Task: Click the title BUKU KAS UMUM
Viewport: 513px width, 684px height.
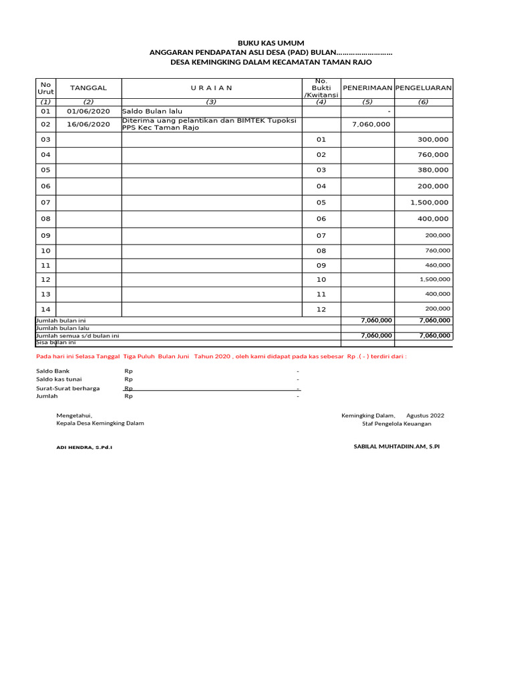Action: pyautogui.click(x=271, y=43)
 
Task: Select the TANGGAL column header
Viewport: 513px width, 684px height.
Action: pyautogui.click(x=88, y=88)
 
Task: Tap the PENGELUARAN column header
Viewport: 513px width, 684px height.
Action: pyautogui.click(x=423, y=88)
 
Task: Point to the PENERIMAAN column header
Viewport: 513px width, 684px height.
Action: pyautogui.click(x=367, y=88)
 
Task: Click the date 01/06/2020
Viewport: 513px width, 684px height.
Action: pyautogui.click(x=88, y=111)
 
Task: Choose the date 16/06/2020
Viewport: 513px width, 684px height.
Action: pyautogui.click(x=88, y=124)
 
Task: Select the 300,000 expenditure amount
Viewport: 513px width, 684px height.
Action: pyautogui.click(x=434, y=140)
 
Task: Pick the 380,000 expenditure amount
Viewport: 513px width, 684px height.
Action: pyautogui.click(x=434, y=170)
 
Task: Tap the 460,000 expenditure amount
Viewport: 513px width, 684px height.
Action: pyautogui.click(x=438, y=265)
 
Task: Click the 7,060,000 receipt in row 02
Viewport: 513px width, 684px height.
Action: pyautogui.click(x=371, y=124)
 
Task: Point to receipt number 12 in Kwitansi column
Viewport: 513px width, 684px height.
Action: pyautogui.click(x=321, y=309)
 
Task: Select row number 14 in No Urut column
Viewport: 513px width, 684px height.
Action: pyautogui.click(x=45, y=309)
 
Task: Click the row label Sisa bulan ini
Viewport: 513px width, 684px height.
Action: pyautogui.click(x=55, y=343)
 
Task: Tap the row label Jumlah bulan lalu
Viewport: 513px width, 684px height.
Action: pyautogui.click(x=62, y=328)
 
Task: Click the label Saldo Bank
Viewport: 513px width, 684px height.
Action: pyautogui.click(x=52, y=371)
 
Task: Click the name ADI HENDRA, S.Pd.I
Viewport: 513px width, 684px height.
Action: pyautogui.click(x=84, y=447)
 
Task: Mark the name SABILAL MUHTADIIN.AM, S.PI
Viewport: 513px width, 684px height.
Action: pyautogui.click(x=396, y=446)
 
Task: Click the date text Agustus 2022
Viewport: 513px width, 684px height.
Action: pyautogui.click(x=425, y=415)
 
